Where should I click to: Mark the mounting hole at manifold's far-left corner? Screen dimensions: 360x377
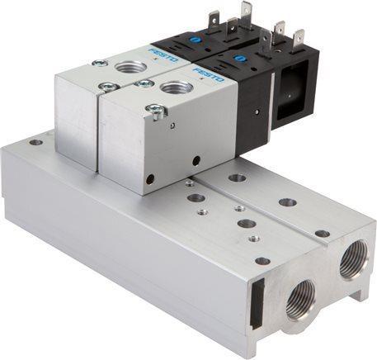(x=35, y=141)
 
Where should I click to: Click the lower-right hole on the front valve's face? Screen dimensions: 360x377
(x=196, y=160)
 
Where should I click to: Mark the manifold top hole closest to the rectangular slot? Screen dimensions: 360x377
(x=262, y=261)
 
